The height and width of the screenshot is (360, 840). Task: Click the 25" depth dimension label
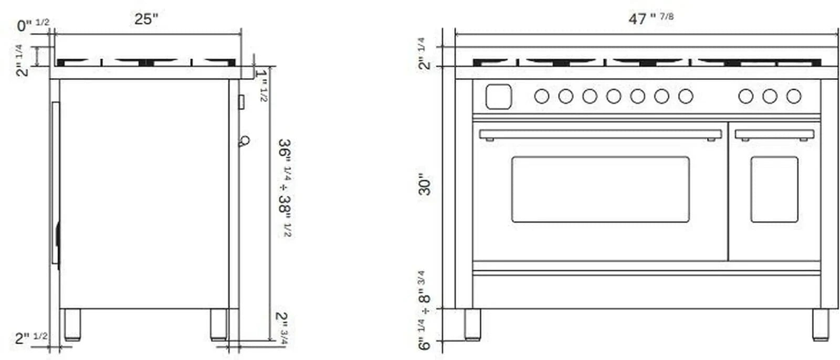coord(145,19)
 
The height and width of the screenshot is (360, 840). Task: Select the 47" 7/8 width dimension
coord(650,18)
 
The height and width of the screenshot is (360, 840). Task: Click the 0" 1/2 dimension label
coord(33,25)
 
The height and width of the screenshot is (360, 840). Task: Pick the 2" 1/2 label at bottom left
coord(30,338)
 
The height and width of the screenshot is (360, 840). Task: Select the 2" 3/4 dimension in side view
coord(282,328)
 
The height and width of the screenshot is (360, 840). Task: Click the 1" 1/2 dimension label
coord(262,84)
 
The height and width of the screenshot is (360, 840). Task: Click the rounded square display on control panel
coord(498,97)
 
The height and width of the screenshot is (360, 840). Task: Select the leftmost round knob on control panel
coord(541,97)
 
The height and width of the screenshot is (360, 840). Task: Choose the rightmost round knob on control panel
coord(793,97)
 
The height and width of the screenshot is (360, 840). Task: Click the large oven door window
coord(600,189)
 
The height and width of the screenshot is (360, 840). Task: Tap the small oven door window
coord(774,189)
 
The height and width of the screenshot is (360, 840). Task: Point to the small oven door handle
coord(774,135)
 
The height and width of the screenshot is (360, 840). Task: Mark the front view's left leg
coord(472,324)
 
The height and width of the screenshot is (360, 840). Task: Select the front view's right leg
coord(820,324)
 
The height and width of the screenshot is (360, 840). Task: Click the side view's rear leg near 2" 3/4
coord(219,324)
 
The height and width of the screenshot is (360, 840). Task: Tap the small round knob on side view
coord(244,141)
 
